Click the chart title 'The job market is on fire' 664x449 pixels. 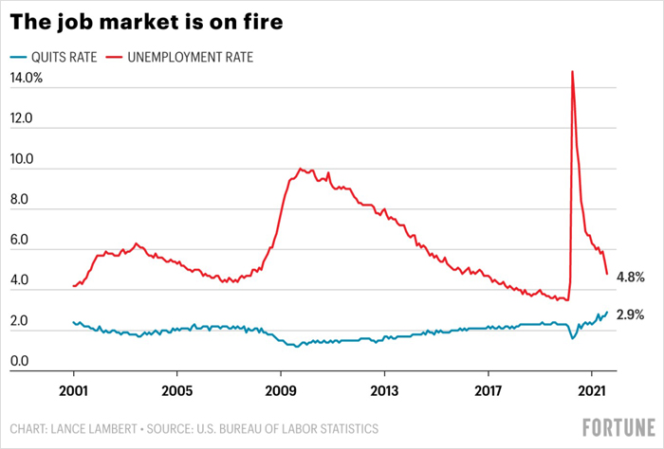coord(146,22)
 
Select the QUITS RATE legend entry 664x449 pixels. coord(53,57)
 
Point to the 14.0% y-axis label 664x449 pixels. coord(27,78)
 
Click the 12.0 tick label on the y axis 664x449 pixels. coord(21,118)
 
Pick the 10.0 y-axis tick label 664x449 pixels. coord(21,159)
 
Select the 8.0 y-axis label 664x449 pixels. coord(19,199)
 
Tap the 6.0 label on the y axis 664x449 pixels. coord(19,240)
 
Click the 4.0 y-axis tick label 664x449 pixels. coord(19,279)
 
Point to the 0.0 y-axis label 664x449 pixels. coord(19,361)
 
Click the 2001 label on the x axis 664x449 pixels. coord(73,391)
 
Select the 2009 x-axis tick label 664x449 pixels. coord(281,391)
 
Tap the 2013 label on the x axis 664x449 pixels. coord(384,391)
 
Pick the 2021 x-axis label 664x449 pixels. coord(592,391)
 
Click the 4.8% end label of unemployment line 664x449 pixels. coord(631,278)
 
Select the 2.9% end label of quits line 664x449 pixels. coord(630,314)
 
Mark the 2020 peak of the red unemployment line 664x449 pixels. coord(573,71)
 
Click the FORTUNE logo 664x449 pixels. coord(618,427)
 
